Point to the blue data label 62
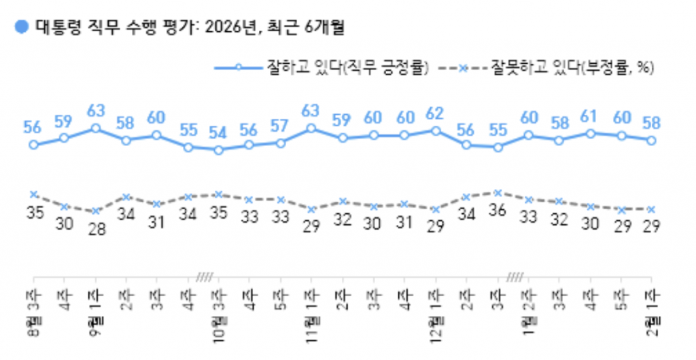click(x=435, y=113)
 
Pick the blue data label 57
click(x=281, y=126)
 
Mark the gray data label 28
click(x=95, y=229)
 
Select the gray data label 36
click(x=498, y=210)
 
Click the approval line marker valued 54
click(x=219, y=149)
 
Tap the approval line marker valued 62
click(x=435, y=130)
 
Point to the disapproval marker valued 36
click(x=498, y=193)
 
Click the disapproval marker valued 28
click(x=95, y=211)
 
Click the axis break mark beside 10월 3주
click(x=204, y=276)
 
